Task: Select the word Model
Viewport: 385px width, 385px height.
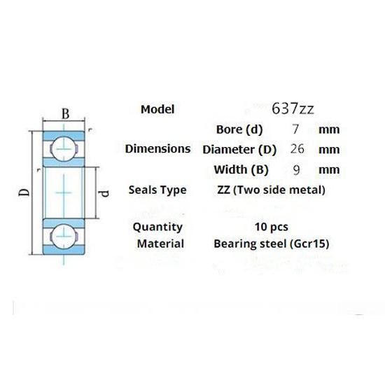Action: point(157,109)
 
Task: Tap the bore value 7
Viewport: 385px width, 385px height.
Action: point(295,129)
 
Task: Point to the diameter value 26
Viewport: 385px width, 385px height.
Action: point(295,149)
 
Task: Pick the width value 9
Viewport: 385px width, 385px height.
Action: point(295,169)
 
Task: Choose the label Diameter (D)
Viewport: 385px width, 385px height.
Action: point(239,149)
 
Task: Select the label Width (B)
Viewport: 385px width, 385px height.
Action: point(240,169)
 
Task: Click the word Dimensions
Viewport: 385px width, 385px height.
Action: point(157,148)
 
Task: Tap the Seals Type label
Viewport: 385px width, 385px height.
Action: point(157,190)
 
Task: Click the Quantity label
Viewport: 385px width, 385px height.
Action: point(157,227)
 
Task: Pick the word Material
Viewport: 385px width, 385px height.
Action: point(161,244)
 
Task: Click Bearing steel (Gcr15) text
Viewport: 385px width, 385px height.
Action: point(270,244)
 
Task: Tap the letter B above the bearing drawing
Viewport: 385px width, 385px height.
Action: point(65,113)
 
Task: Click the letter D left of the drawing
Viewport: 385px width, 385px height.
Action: point(23,191)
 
